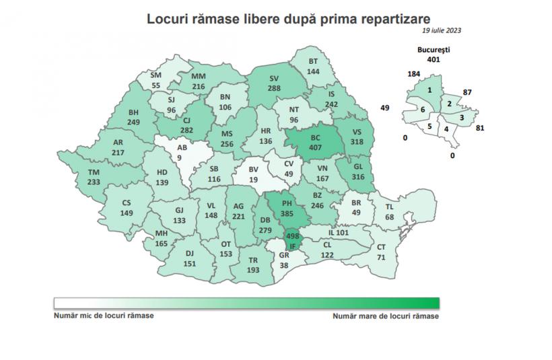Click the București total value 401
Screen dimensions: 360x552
(433, 59)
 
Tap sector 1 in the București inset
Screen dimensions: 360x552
(429, 89)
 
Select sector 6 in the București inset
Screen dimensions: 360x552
(422, 110)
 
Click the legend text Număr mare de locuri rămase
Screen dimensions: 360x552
(386, 315)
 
